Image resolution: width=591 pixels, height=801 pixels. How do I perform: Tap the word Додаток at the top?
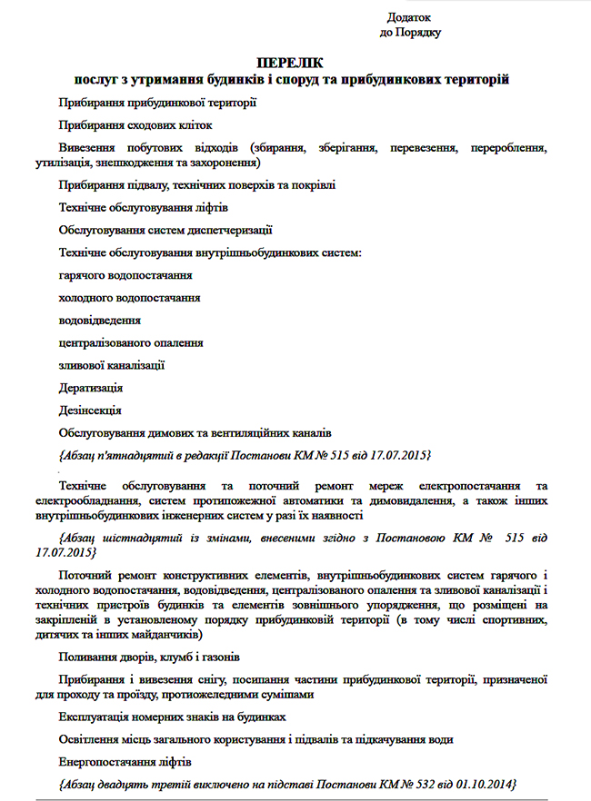coord(408,17)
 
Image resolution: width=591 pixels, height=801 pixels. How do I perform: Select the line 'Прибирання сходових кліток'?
coord(135,125)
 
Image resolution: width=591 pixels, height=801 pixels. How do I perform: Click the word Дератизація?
coord(92,388)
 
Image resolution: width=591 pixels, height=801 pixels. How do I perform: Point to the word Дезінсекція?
coord(90,410)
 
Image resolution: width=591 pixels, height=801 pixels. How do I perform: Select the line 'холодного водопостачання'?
coord(129,297)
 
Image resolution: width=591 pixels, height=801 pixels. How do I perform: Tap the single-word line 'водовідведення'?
coord(99,320)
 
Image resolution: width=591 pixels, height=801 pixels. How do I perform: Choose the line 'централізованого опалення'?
coord(130,342)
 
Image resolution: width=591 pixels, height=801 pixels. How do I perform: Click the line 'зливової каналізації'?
coord(112,365)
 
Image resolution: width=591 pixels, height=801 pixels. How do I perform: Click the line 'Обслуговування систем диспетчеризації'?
coord(165,230)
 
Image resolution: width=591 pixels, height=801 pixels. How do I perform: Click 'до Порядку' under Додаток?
coord(410,33)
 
